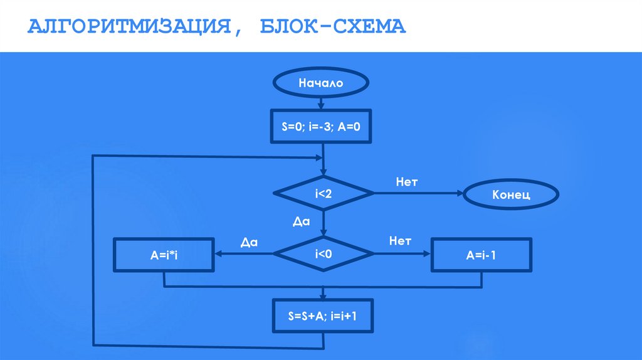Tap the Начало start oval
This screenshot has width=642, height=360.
point(322,82)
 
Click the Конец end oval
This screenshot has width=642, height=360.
point(511,194)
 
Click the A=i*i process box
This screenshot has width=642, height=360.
point(164,255)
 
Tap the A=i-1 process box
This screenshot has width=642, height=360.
point(481,255)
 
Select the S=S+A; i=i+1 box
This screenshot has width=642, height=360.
point(323,315)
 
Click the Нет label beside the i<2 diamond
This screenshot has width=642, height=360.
point(406,182)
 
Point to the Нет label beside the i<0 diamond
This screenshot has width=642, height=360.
point(399,241)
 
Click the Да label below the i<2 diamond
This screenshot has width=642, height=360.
point(302,221)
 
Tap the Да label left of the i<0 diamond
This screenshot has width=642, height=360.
point(249,242)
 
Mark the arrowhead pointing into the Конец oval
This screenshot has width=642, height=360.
point(459,194)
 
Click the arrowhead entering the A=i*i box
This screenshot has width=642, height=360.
point(219,254)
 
